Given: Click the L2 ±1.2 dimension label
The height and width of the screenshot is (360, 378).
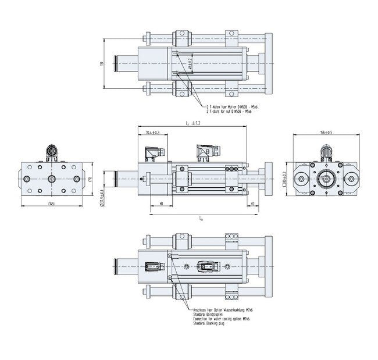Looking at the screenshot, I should coord(191,123).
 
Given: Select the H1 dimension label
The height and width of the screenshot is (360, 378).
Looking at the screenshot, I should coord(161,204).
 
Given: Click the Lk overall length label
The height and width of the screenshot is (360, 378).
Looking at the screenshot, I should coord(201,219).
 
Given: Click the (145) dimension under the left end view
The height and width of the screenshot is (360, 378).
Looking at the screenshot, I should coord(52,204).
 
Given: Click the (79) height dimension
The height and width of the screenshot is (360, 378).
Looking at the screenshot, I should coord(91,179).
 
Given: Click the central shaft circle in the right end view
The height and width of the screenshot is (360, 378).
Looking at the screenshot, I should coord(326,179).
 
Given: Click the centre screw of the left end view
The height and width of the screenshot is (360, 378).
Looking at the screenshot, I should coord(52,179).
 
